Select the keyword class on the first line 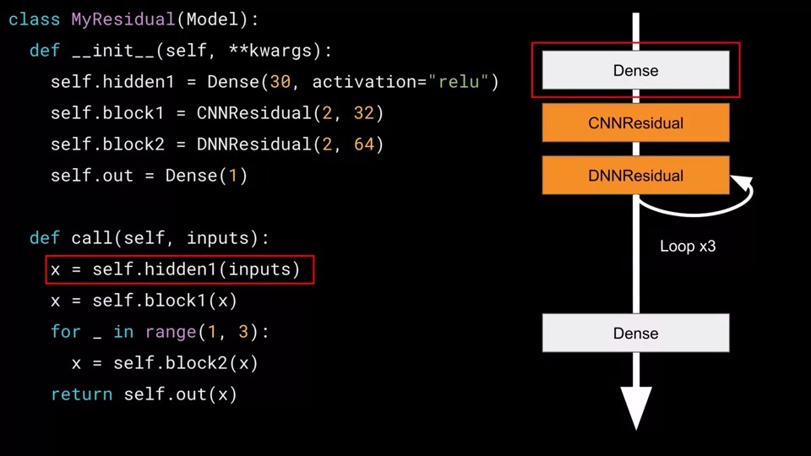pos(34,19)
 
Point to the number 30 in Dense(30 pos(280,82)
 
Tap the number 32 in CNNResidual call pos(364,113)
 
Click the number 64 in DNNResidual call pos(364,144)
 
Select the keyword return pos(81,394)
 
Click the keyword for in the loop pos(65,332)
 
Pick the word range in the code pos(171,332)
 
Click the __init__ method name pos(113,51)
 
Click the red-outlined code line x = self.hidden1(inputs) pos(179,270)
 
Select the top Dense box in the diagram pos(635,71)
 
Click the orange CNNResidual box pos(635,123)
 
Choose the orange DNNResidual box pos(635,176)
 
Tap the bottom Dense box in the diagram pos(635,334)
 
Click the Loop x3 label pos(688,247)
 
